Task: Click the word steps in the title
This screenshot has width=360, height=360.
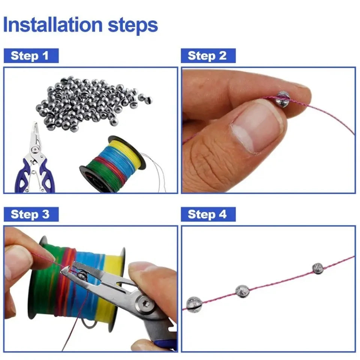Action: (x=133, y=25)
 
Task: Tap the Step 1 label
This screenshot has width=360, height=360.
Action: (x=30, y=56)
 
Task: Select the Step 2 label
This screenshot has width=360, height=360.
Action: (x=207, y=56)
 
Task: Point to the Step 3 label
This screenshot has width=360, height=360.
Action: (x=30, y=214)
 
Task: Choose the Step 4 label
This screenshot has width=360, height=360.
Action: (x=207, y=214)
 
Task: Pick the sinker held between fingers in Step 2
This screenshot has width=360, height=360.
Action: (x=282, y=99)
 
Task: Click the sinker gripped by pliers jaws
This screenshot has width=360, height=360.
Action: (x=82, y=276)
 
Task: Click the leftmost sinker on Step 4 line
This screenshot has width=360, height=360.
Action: (x=194, y=304)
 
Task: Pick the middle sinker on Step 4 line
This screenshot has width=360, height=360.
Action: (x=242, y=291)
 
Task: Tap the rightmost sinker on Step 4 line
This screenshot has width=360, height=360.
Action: (x=318, y=268)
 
